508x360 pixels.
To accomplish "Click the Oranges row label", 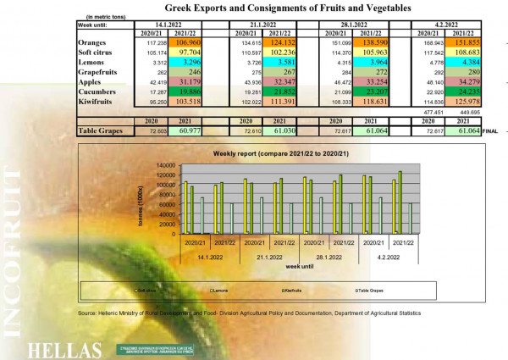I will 91,41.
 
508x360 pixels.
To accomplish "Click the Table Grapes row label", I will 100,130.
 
